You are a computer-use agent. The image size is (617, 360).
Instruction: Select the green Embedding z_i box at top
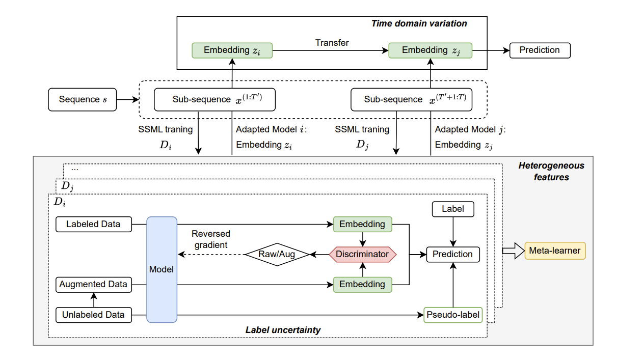click(232, 50)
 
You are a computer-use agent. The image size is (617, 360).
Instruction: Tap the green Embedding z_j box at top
click(430, 50)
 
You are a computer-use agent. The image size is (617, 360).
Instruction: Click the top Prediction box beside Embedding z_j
click(540, 50)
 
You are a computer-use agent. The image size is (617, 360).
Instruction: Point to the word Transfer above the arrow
click(332, 43)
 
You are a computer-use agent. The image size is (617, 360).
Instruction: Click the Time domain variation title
click(419, 23)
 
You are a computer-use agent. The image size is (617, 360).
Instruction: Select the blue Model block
click(162, 269)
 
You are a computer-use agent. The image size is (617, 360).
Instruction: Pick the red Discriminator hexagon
click(362, 254)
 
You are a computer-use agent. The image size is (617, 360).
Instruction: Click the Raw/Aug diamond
click(277, 254)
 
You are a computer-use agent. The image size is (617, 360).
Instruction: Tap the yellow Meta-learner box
click(555, 251)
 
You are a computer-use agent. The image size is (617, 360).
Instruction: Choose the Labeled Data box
click(93, 224)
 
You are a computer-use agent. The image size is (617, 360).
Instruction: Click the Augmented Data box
click(93, 285)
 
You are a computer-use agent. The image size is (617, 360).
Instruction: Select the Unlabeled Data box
click(93, 315)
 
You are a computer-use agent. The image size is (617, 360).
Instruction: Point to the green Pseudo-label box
click(453, 315)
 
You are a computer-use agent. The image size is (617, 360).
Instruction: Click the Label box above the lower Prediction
click(453, 208)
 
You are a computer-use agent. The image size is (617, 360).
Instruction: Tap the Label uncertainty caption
click(283, 330)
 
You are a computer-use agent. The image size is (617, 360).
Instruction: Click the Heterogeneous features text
click(551, 172)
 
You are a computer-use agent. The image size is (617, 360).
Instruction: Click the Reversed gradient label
click(210, 239)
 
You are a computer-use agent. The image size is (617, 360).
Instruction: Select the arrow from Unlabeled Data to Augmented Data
click(93, 300)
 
